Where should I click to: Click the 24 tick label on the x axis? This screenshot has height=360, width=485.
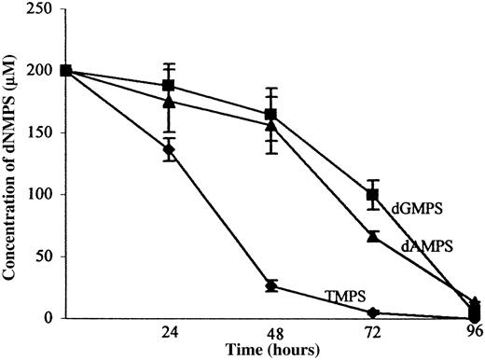(x=169, y=333)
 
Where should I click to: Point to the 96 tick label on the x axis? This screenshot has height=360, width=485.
(x=475, y=333)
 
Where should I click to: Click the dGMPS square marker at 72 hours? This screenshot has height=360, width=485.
(x=373, y=195)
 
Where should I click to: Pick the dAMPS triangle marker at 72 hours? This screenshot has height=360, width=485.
(x=373, y=237)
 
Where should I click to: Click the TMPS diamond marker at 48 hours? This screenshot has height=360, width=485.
(x=271, y=285)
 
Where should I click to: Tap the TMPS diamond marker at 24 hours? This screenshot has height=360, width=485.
(x=169, y=149)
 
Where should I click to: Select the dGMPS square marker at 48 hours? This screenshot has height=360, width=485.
(x=271, y=115)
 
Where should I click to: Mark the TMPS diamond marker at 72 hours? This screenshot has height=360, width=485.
(x=373, y=312)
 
